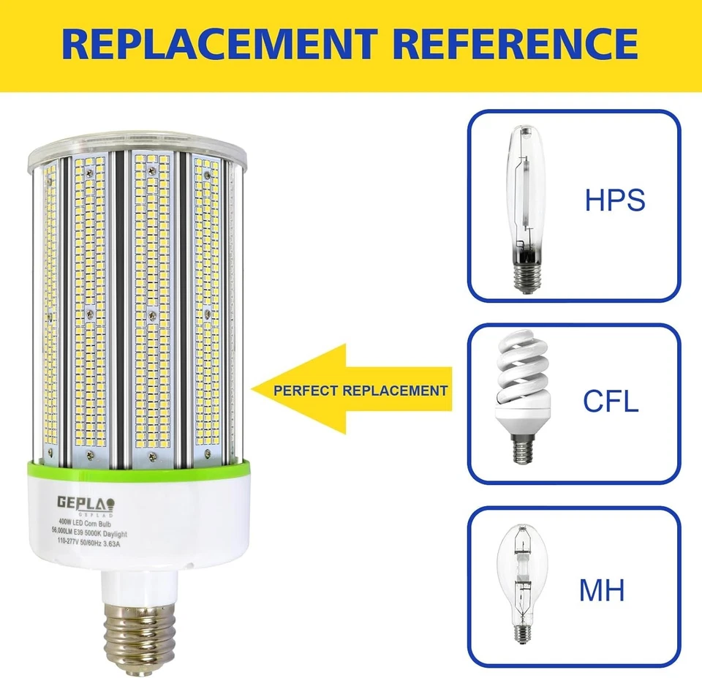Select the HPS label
614,200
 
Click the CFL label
611,401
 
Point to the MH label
602,590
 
